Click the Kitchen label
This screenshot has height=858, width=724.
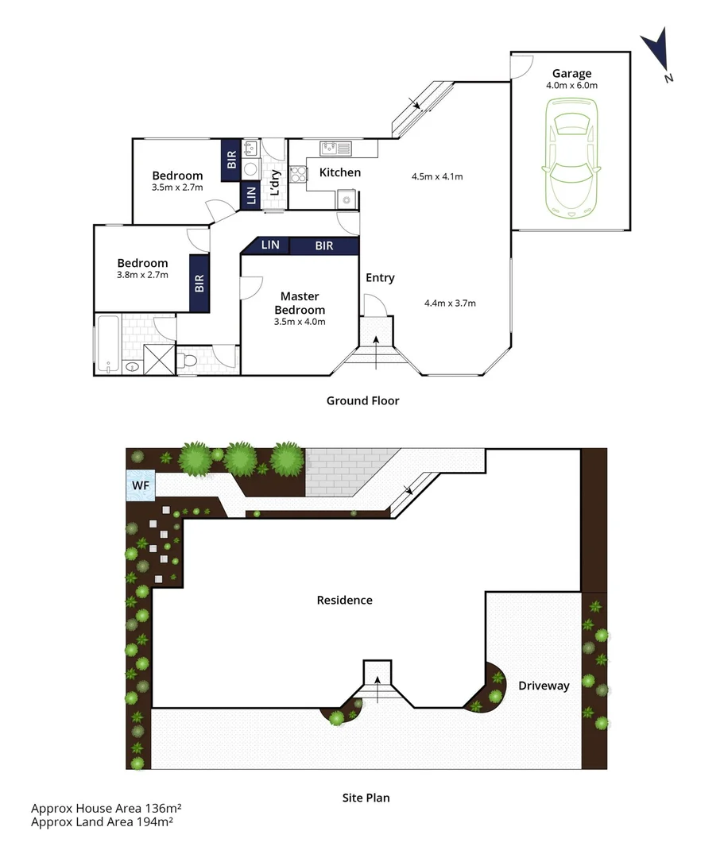click(339, 172)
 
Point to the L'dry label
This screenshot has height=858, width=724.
click(275, 184)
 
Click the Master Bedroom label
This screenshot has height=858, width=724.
click(300, 303)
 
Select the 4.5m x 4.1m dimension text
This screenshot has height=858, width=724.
click(436, 176)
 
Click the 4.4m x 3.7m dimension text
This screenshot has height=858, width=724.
click(450, 303)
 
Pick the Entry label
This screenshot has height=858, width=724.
click(380, 277)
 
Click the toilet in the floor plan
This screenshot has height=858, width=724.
click(188, 361)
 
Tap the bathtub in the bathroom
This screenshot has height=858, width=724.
click(108, 344)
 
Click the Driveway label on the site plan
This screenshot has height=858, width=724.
click(544, 686)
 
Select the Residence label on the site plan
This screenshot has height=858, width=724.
click(344, 600)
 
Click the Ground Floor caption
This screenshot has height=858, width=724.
click(362, 400)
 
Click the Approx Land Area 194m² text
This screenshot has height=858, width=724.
click(102, 821)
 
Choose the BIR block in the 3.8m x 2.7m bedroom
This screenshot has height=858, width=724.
click(199, 283)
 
